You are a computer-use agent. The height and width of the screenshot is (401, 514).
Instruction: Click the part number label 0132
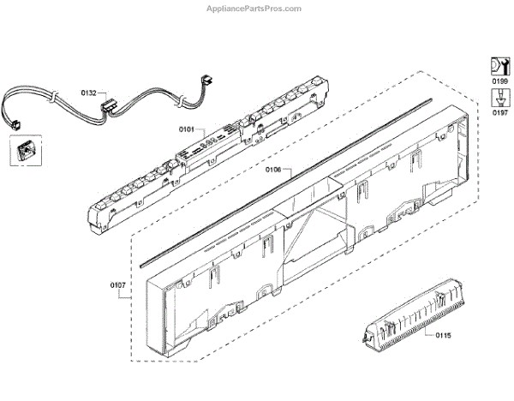(88, 90)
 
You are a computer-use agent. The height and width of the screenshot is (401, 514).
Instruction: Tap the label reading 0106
(272, 171)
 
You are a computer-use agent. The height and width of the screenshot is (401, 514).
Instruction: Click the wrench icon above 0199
(498, 65)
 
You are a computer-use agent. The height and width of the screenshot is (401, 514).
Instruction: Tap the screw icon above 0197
(498, 97)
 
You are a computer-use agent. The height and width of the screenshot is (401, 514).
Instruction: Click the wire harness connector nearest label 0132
(109, 108)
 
